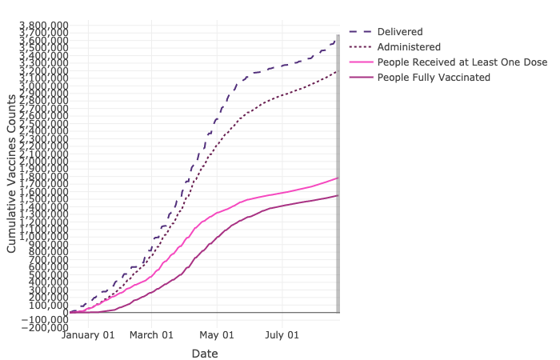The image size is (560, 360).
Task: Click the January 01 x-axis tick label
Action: click(x=89, y=335)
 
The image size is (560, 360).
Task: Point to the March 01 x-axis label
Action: click(x=151, y=335)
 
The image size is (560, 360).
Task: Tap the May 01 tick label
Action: click(x=217, y=335)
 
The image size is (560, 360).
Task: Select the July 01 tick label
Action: click(x=282, y=335)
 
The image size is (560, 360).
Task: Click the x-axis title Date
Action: click(x=204, y=353)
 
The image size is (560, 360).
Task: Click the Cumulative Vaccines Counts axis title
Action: click(x=12, y=173)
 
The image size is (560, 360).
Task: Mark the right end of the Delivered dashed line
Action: click(x=338, y=38)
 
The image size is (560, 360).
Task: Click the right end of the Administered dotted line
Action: click(x=338, y=70)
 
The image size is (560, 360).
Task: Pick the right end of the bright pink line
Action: click(x=338, y=178)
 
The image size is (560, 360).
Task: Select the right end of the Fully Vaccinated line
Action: click(x=338, y=195)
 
